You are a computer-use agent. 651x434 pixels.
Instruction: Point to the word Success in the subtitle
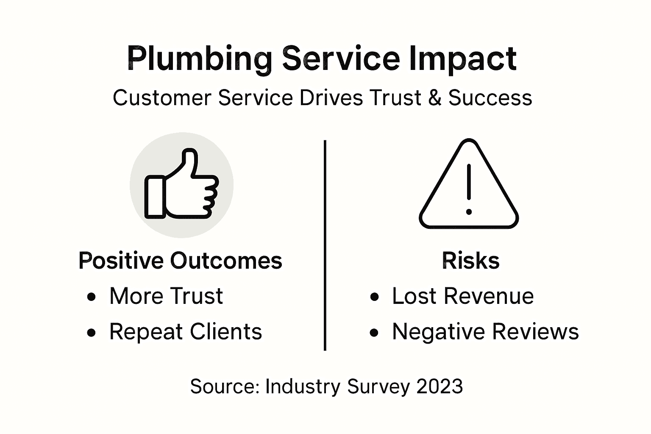click(490, 98)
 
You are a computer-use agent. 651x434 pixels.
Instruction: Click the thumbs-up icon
click(181, 184)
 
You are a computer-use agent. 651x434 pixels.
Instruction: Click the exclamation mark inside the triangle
click(469, 189)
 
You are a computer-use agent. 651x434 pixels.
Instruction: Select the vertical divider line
click(325, 246)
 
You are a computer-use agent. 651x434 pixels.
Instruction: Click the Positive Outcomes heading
click(181, 260)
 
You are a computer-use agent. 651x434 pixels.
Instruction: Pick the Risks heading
click(470, 260)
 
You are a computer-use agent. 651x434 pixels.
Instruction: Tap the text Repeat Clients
click(186, 331)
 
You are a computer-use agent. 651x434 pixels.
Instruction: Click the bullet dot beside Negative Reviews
click(374, 333)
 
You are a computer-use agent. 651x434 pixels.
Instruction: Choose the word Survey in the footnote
click(378, 386)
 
